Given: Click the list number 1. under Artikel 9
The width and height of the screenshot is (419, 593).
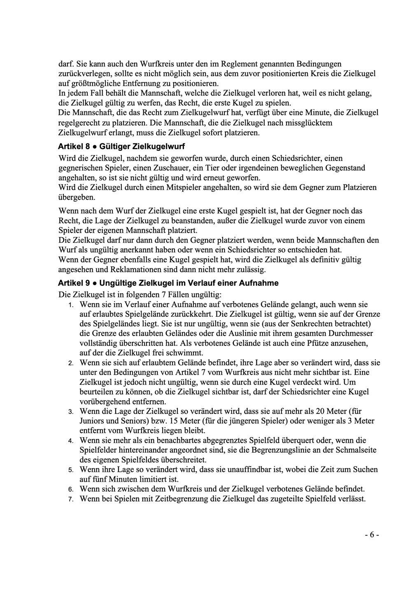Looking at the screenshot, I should [x=71, y=306].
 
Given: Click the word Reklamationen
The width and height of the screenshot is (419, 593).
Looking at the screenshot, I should [x=133, y=270].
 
